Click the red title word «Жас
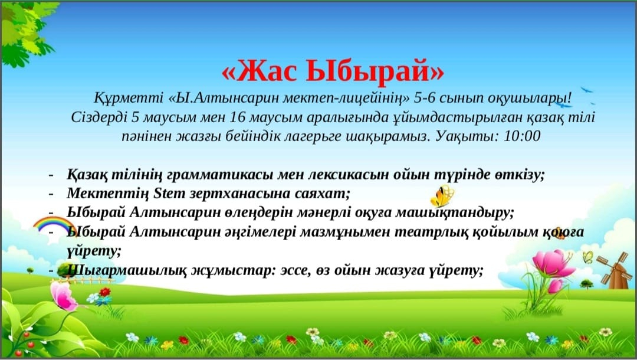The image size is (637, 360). pyautogui.click(x=260, y=71)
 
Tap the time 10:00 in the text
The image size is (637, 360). pyautogui.click(x=522, y=136)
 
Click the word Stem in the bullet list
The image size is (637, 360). pyautogui.click(x=169, y=194)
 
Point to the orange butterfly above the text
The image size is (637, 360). pyautogui.click(x=442, y=196)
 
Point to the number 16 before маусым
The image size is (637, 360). pyautogui.click(x=237, y=117)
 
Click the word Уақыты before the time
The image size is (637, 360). pyautogui.click(x=467, y=136)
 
